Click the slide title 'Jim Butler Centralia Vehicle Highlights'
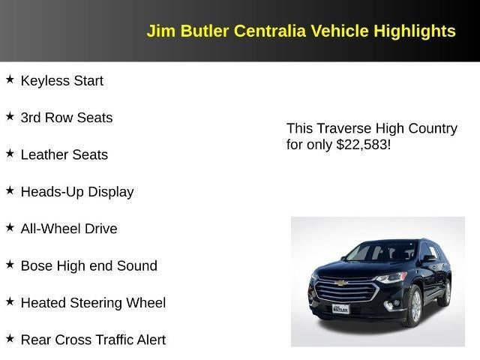click(301, 31)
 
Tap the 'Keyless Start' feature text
click(61, 81)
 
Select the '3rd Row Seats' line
click(66, 118)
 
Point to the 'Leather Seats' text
click(64, 154)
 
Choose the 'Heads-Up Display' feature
click(76, 192)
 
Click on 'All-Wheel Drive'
click(69, 229)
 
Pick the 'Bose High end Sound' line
click(88, 265)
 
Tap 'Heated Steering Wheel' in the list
click(93, 303)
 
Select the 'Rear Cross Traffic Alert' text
click(93, 340)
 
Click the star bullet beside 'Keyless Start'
click(10, 79)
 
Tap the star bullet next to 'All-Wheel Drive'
click(10, 226)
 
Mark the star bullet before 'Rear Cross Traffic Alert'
click(10, 337)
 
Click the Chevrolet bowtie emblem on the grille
click(342, 283)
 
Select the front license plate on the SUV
click(340, 308)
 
